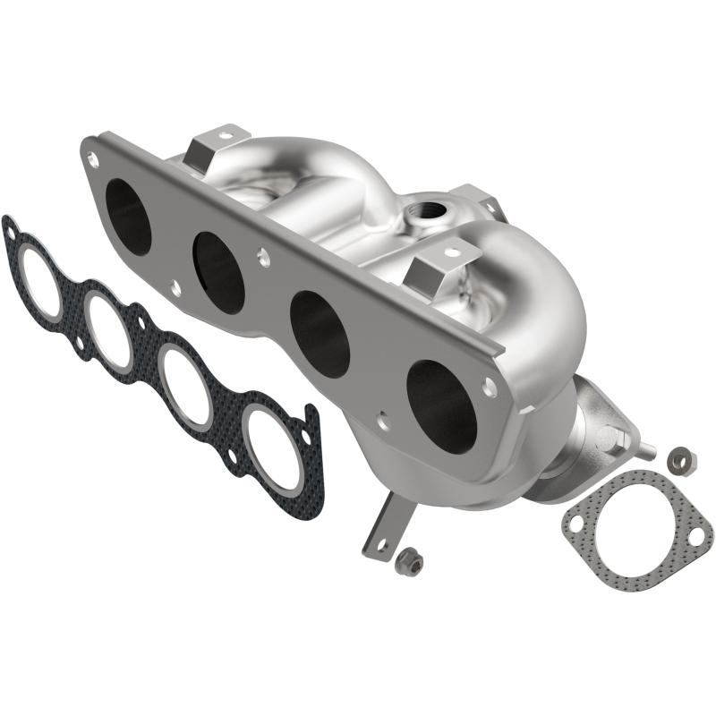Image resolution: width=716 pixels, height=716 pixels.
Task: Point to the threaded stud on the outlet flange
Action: pos(633,442)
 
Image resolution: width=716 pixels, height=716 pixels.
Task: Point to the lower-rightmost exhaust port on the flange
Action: pos(440,405)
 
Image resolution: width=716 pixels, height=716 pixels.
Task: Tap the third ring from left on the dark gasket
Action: pos(187,388)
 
